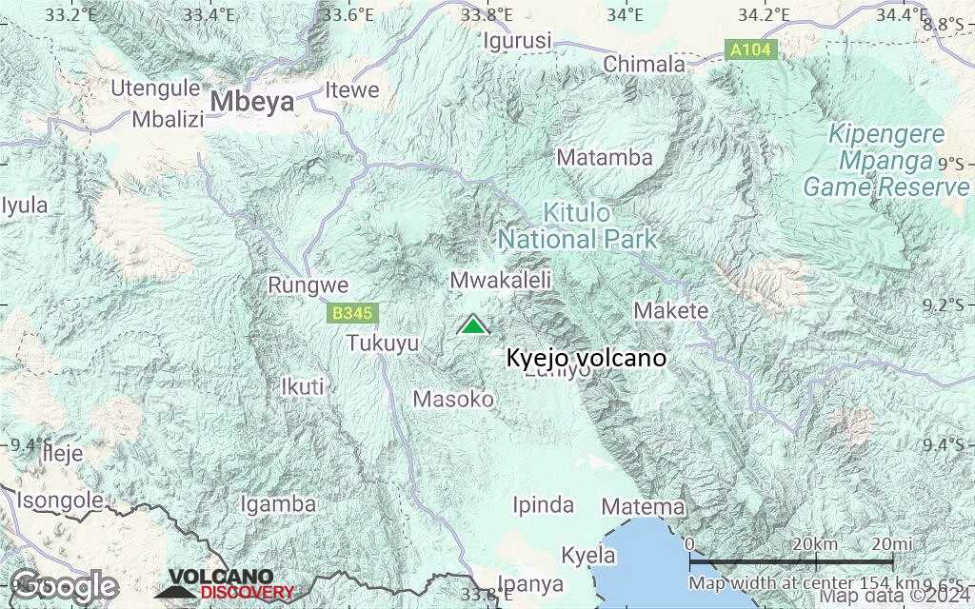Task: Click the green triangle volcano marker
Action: tap(472, 325)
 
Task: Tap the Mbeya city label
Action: tap(252, 102)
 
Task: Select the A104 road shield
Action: tap(751, 50)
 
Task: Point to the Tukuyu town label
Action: tap(383, 343)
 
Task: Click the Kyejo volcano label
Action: tap(587, 359)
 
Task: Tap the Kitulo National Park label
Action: tap(578, 226)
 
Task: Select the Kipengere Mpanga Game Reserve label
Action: tap(885, 160)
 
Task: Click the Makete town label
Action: tap(671, 310)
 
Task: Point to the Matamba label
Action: tap(606, 157)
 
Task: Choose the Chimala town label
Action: tap(645, 64)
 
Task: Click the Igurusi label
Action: tap(518, 41)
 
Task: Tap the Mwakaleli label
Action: tap(501, 280)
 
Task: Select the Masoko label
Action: tap(453, 399)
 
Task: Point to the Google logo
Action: tap(65, 585)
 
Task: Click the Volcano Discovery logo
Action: tap(225, 585)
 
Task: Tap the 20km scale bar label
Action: tap(814, 543)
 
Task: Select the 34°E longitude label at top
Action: tap(626, 14)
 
